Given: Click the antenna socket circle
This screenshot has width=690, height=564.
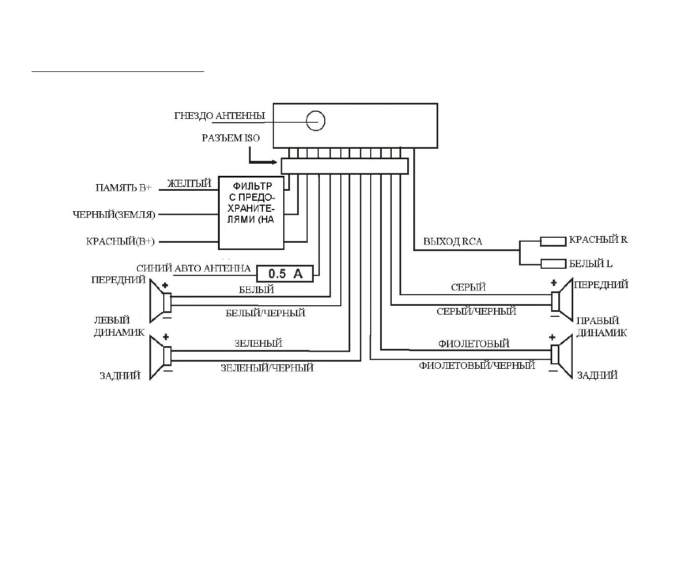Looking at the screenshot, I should [x=316, y=121].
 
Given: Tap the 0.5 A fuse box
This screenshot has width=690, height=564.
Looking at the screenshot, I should [x=285, y=273].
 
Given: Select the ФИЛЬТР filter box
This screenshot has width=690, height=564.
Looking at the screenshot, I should [x=252, y=213].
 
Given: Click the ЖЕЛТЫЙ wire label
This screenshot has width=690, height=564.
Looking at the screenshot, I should [x=189, y=184].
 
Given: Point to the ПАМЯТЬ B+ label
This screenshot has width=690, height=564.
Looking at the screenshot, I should [x=123, y=188].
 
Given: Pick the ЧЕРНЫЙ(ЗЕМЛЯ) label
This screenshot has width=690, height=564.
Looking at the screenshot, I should [x=114, y=215].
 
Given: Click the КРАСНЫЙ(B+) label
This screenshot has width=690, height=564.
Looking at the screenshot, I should [x=121, y=242].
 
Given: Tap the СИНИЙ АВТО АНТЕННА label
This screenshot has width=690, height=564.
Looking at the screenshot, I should [x=193, y=269].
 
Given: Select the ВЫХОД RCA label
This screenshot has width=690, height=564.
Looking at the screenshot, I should [x=453, y=242].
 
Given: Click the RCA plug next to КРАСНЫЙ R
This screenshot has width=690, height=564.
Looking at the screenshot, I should [x=553, y=241].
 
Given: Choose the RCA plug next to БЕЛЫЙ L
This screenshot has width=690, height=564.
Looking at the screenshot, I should [x=553, y=264].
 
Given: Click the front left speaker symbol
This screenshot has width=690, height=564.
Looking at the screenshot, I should [x=160, y=302].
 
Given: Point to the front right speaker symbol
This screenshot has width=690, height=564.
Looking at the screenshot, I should [x=561, y=300].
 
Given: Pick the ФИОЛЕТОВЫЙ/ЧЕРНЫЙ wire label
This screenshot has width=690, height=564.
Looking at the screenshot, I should [x=477, y=365].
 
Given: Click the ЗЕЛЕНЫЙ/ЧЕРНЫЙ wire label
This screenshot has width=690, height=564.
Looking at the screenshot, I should [x=267, y=368].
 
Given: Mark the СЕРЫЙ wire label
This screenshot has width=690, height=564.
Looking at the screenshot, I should [x=468, y=288].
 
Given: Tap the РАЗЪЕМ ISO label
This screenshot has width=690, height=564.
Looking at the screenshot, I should [x=230, y=138].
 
